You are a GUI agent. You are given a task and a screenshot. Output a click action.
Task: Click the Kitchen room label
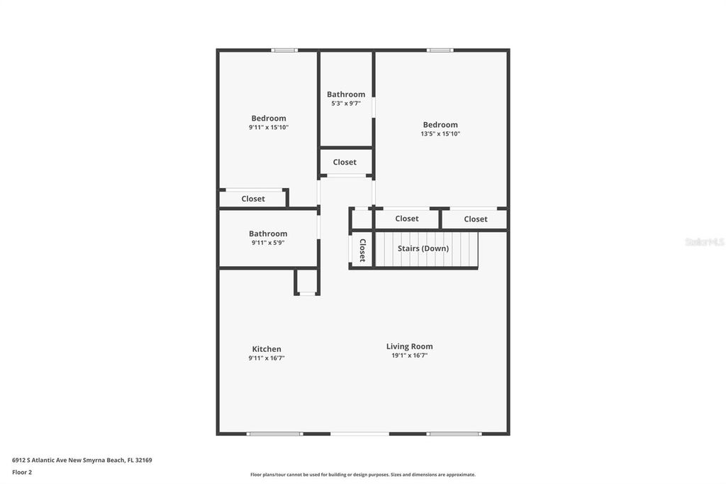(267, 348)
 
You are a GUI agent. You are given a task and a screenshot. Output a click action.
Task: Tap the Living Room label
(409, 346)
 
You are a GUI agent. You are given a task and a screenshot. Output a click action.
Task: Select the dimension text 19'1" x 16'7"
(409, 356)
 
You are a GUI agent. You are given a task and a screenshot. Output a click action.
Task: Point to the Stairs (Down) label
(423, 248)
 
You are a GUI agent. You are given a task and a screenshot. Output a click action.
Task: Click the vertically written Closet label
(362, 250)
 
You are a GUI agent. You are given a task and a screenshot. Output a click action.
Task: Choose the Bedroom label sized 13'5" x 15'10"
(440, 125)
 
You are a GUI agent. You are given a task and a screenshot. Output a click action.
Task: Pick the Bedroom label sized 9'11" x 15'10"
(269, 119)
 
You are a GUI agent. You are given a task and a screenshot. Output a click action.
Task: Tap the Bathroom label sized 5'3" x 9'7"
(346, 94)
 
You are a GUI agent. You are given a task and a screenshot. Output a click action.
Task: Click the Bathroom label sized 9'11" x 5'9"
(268, 233)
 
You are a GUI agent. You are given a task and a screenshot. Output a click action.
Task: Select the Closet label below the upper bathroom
(345, 162)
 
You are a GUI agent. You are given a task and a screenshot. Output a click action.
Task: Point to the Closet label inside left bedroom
(253, 199)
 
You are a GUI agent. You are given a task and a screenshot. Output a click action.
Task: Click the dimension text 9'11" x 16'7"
(267, 358)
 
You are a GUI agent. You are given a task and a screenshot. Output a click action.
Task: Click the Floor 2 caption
(22, 472)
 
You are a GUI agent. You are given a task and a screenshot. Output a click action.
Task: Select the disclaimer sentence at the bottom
(362, 475)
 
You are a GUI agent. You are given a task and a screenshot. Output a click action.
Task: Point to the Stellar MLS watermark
(704, 242)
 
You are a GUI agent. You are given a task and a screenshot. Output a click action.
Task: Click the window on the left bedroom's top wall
(284, 50)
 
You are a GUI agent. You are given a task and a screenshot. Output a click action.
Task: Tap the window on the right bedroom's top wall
(440, 50)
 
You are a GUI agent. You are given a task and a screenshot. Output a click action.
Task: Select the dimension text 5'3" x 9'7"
(346, 104)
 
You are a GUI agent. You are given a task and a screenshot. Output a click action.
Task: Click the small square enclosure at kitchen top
(307, 282)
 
